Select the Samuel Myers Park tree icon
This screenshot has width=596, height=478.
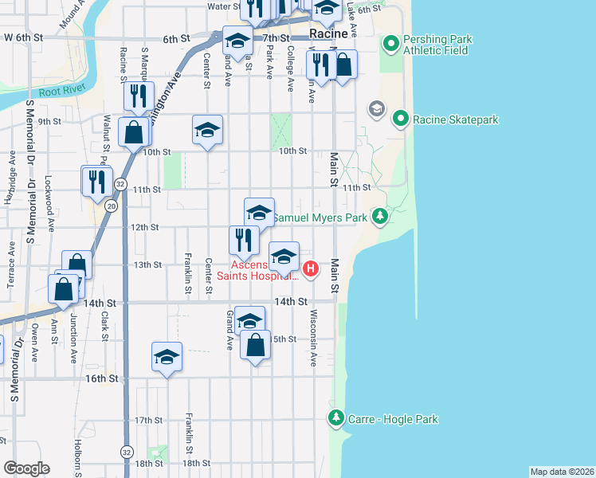point(381,216)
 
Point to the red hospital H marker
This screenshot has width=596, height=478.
point(311,270)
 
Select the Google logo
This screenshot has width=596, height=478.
point(25,468)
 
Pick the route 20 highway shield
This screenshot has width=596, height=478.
point(111,206)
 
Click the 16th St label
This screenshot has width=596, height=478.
point(102,378)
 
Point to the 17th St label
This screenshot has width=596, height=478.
point(148,420)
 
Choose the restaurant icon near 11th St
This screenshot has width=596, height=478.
point(97,181)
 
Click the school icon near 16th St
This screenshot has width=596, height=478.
point(167,356)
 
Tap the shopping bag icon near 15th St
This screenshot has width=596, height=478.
point(255,347)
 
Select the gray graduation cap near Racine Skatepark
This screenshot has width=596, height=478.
point(375,108)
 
